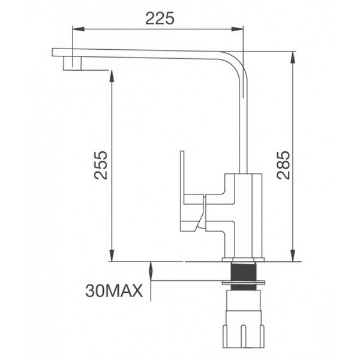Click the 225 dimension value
(160, 18)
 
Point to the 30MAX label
(114, 292)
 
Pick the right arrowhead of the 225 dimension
(240, 28)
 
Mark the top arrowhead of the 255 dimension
(112, 74)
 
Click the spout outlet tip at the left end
(67, 62)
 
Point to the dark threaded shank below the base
(244, 271)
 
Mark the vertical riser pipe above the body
(244, 126)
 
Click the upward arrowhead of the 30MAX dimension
(151, 266)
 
